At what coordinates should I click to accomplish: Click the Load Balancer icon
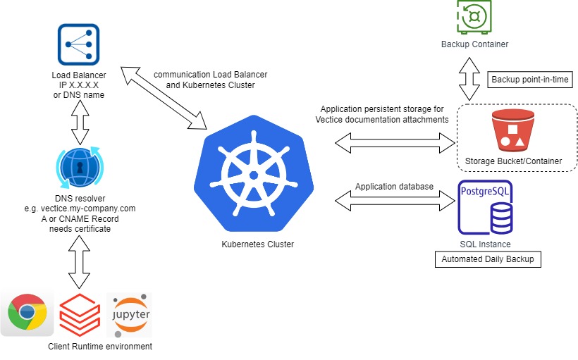(x=79, y=44)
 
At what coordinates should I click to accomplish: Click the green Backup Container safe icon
(x=474, y=16)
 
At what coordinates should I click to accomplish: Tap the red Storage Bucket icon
(x=512, y=130)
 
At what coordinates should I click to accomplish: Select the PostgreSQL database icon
(x=486, y=208)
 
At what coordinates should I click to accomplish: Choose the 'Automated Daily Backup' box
(x=487, y=259)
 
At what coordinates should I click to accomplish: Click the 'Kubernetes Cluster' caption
(x=257, y=244)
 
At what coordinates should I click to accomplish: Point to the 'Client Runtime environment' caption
(x=100, y=347)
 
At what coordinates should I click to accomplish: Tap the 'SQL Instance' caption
(x=485, y=244)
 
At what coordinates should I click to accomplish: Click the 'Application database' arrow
(x=395, y=200)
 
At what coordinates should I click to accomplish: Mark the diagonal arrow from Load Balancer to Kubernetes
(x=163, y=99)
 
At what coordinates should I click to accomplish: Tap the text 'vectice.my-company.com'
(x=90, y=209)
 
